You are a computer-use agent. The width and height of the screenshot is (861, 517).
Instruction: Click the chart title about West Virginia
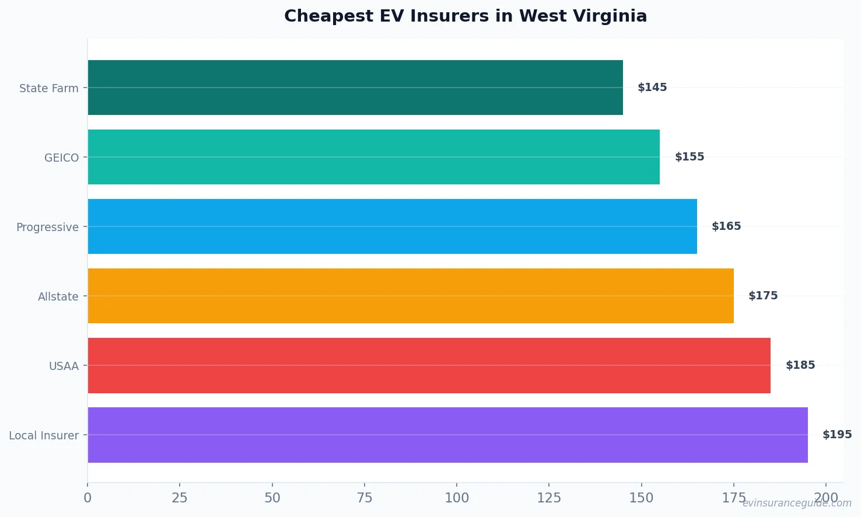(x=466, y=16)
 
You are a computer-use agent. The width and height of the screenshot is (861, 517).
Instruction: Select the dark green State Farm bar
(x=355, y=88)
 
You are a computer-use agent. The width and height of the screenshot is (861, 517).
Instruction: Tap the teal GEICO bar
(x=373, y=157)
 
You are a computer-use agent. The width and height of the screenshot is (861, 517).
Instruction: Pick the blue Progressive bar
(x=392, y=226)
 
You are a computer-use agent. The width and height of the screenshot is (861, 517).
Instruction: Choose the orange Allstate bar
(x=411, y=296)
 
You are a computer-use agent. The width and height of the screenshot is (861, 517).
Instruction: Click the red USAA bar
(x=429, y=365)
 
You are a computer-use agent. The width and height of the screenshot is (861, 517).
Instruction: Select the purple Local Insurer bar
(x=447, y=435)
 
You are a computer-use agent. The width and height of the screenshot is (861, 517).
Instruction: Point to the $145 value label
(x=652, y=88)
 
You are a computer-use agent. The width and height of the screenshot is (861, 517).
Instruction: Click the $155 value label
(x=689, y=157)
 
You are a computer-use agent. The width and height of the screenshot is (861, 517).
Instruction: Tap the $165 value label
(x=726, y=226)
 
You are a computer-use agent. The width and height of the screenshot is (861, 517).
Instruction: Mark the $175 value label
(x=763, y=296)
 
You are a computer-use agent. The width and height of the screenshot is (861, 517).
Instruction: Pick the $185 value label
(x=800, y=365)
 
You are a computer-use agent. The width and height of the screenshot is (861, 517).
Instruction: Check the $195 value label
(x=837, y=435)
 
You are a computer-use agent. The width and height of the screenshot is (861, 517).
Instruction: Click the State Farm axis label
(x=49, y=89)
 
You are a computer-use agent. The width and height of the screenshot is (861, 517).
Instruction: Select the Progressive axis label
(x=47, y=228)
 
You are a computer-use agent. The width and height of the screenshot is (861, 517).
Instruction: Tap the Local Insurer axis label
(x=44, y=436)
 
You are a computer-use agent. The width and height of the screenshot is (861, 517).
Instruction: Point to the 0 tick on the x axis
(x=87, y=498)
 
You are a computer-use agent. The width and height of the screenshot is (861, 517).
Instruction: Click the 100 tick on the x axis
(x=457, y=498)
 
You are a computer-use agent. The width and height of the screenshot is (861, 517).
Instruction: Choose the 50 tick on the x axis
(x=272, y=498)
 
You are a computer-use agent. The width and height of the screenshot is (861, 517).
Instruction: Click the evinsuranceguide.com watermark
(x=797, y=503)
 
